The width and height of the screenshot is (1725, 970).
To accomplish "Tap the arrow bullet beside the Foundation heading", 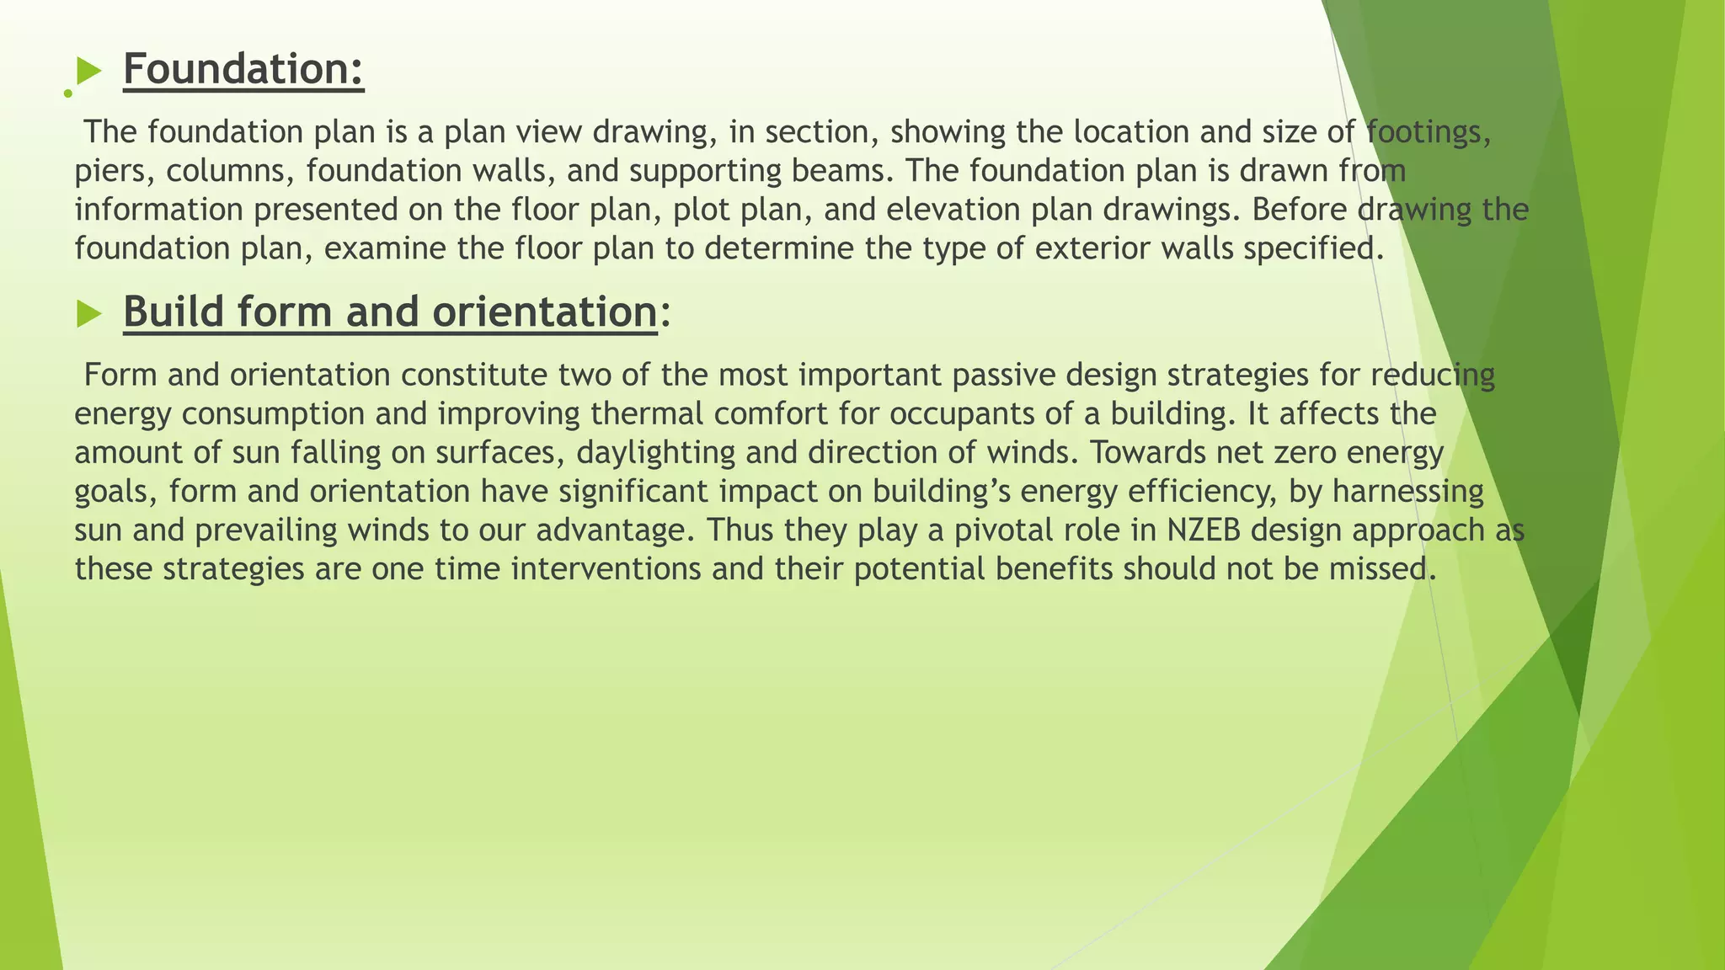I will tap(88, 72).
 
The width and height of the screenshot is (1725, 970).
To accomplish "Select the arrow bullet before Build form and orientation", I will tap(88, 314).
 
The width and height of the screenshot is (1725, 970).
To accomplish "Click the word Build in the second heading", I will tap(174, 312).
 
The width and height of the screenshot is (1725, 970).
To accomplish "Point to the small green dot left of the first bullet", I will tap(67, 93).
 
